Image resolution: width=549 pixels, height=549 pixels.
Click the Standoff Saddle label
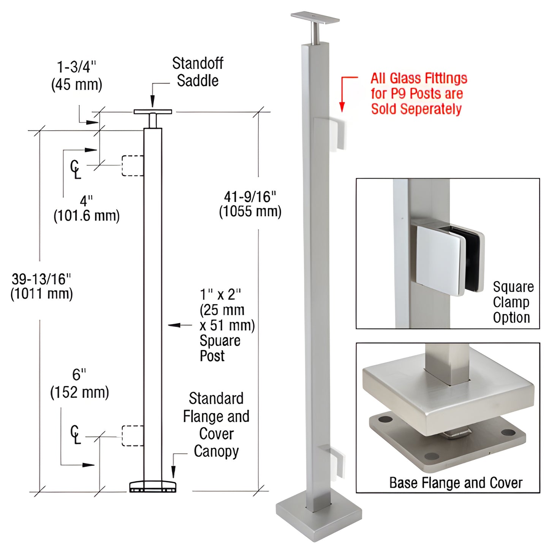198,72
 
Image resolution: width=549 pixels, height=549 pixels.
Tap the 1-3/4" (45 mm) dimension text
77,76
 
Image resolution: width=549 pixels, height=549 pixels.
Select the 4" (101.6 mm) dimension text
87,209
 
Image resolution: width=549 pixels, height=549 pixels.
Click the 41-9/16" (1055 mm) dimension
250,204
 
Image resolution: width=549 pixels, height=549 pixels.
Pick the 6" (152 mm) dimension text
79,384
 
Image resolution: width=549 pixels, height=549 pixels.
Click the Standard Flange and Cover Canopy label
216,425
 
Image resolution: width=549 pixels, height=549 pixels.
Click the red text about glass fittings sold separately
418,93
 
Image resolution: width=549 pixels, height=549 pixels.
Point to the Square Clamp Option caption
513,302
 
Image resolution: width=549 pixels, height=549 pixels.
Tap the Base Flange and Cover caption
456,483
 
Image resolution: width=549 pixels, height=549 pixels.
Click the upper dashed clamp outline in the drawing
132,166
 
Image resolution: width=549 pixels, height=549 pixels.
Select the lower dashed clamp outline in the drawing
132,435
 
